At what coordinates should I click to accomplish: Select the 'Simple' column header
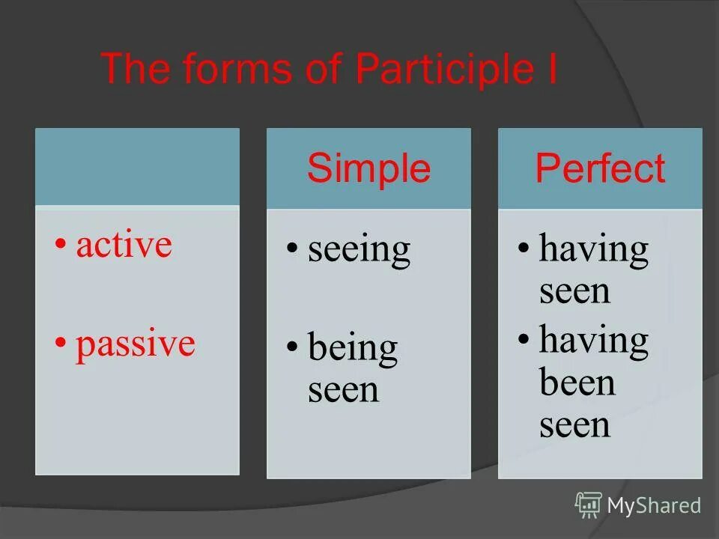coord(368,168)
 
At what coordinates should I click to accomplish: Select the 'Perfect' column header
coord(600,168)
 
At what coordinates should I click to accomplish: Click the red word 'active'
coord(124,245)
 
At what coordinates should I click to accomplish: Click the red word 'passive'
coord(136,344)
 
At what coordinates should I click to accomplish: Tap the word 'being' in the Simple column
coord(353,349)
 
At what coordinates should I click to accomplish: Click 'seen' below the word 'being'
coord(344,390)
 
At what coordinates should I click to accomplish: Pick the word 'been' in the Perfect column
coord(577,383)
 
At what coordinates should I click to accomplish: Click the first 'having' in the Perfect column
coord(594,249)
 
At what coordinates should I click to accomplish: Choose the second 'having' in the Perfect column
coord(594,341)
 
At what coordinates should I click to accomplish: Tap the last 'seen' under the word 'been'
coord(575,424)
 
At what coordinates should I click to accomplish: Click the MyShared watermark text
coord(654,506)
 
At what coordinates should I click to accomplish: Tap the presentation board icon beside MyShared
coord(589,505)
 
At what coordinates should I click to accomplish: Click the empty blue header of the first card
coord(137,166)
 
